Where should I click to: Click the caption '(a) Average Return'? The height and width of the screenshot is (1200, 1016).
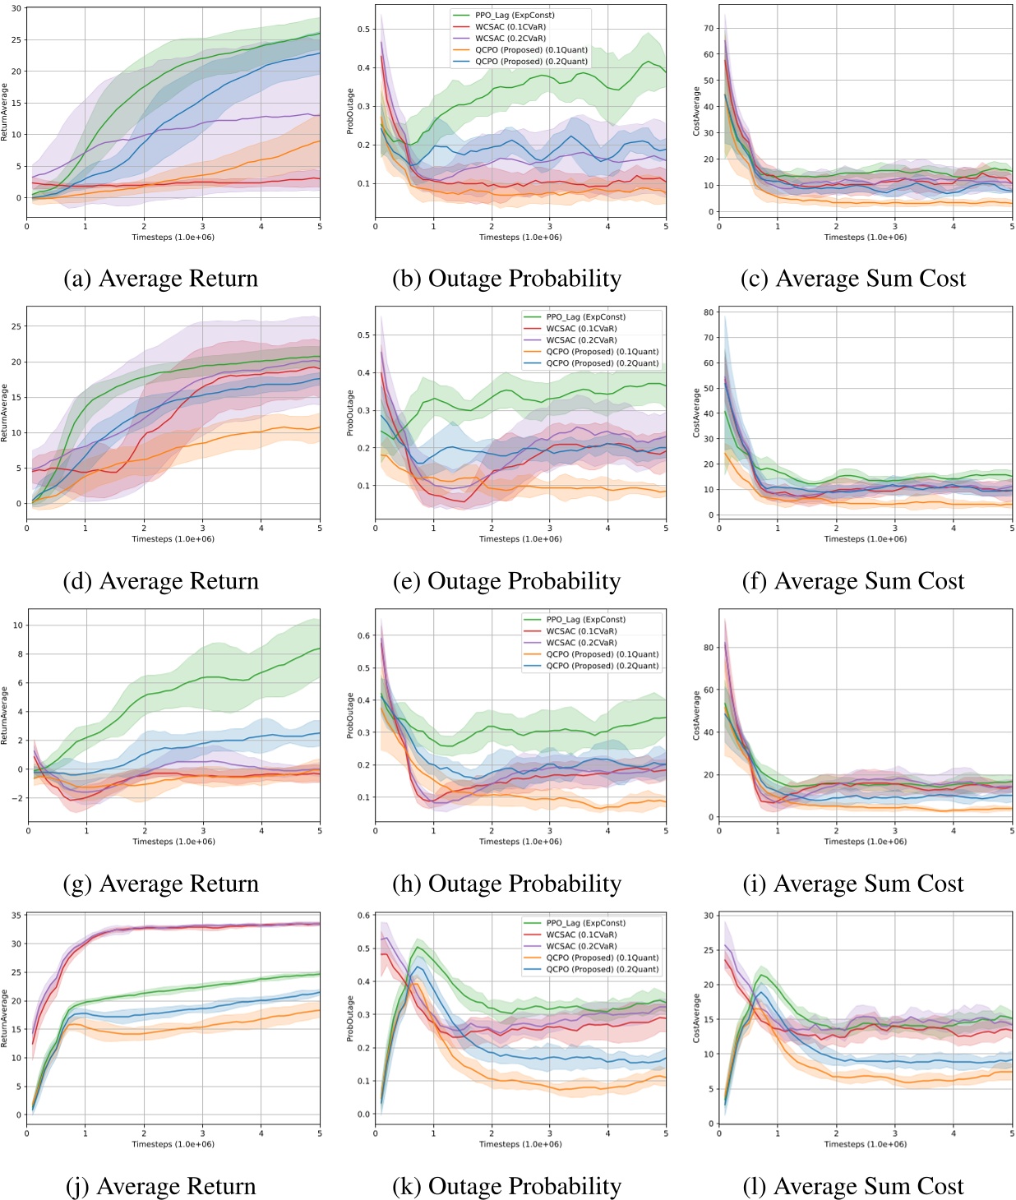(161, 279)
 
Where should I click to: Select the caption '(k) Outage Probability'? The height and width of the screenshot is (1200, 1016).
(507, 1186)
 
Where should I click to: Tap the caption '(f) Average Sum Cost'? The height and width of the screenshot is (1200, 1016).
(852, 581)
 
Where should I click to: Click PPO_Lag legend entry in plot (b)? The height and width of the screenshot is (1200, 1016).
(515, 16)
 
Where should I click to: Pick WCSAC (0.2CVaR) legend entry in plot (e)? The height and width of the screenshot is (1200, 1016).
(580, 340)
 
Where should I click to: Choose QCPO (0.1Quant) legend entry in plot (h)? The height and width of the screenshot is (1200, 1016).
(602, 655)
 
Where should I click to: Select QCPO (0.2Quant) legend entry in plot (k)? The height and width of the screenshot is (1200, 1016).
(602, 969)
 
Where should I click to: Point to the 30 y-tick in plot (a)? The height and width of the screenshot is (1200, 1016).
(16, 8)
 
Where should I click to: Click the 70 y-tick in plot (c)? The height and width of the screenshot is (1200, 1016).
(709, 28)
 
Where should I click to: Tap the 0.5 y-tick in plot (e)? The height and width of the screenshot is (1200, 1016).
(363, 335)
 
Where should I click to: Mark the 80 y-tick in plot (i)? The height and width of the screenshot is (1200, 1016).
(709, 648)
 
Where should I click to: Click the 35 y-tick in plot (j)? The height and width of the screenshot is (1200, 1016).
(16, 916)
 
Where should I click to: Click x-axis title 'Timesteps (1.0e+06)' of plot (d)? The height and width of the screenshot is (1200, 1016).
(173, 539)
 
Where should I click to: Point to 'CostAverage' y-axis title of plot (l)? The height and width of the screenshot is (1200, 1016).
(696, 1018)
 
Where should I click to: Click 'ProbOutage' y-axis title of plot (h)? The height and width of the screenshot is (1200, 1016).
(350, 715)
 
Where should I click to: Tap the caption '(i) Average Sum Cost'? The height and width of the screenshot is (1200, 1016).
(852, 884)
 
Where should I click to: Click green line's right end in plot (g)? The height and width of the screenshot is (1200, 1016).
(319, 648)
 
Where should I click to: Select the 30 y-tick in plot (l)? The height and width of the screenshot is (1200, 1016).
(709, 916)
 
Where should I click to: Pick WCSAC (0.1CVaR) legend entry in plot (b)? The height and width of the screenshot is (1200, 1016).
(510, 27)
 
